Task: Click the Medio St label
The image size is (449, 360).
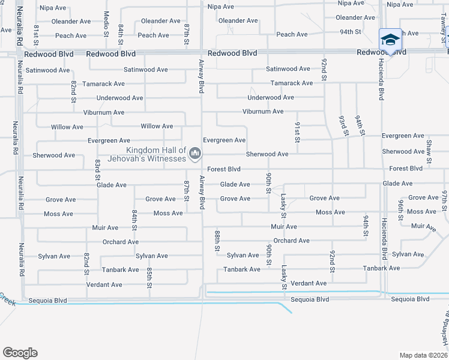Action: (106, 22)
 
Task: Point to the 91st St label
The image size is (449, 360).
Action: (297, 131)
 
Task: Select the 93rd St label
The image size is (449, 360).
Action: (342, 126)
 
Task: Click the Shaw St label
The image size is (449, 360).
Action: (429, 152)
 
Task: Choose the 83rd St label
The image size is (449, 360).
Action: (97, 169)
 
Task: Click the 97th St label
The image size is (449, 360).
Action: (445, 199)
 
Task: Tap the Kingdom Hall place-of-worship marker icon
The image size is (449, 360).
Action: (194, 155)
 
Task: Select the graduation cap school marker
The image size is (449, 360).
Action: (390, 40)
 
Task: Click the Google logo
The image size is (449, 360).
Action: (20, 353)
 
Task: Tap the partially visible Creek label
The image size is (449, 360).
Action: (7, 297)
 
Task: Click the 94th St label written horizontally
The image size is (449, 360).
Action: (350, 31)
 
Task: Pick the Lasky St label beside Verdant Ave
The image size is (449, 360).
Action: (283, 278)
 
